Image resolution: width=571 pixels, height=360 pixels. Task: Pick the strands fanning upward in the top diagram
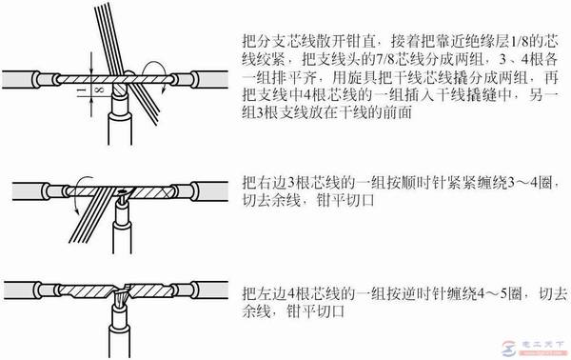110,29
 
